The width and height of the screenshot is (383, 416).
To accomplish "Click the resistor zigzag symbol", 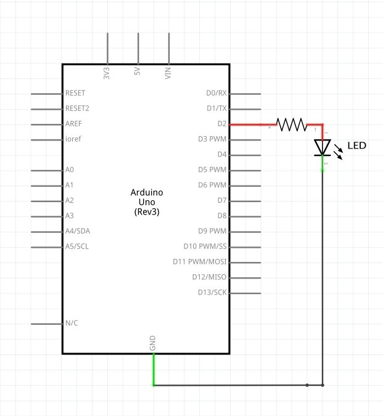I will (x=291, y=124).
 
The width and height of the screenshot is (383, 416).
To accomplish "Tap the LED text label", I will (x=356, y=146).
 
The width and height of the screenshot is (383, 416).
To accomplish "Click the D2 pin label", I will (x=221, y=124).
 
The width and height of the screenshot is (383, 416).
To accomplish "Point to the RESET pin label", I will (x=75, y=93).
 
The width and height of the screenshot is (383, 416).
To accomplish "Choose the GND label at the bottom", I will (x=153, y=345).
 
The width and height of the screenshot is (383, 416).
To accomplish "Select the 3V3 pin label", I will (x=107, y=73).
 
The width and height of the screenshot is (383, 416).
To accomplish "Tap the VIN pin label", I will (x=168, y=73).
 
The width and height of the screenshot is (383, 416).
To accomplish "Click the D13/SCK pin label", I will (x=212, y=292).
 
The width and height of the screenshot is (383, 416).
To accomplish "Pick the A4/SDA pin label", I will (x=78, y=231).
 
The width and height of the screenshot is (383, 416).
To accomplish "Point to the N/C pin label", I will (x=72, y=323).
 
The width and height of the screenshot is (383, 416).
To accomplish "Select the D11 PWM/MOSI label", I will (x=200, y=262).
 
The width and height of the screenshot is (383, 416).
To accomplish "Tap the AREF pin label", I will (x=73, y=124).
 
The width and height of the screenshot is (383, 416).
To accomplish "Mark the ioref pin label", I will (x=73, y=139).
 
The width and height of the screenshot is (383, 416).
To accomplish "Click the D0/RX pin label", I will (x=216, y=93).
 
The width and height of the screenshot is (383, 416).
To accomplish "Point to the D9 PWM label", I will (x=212, y=231).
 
